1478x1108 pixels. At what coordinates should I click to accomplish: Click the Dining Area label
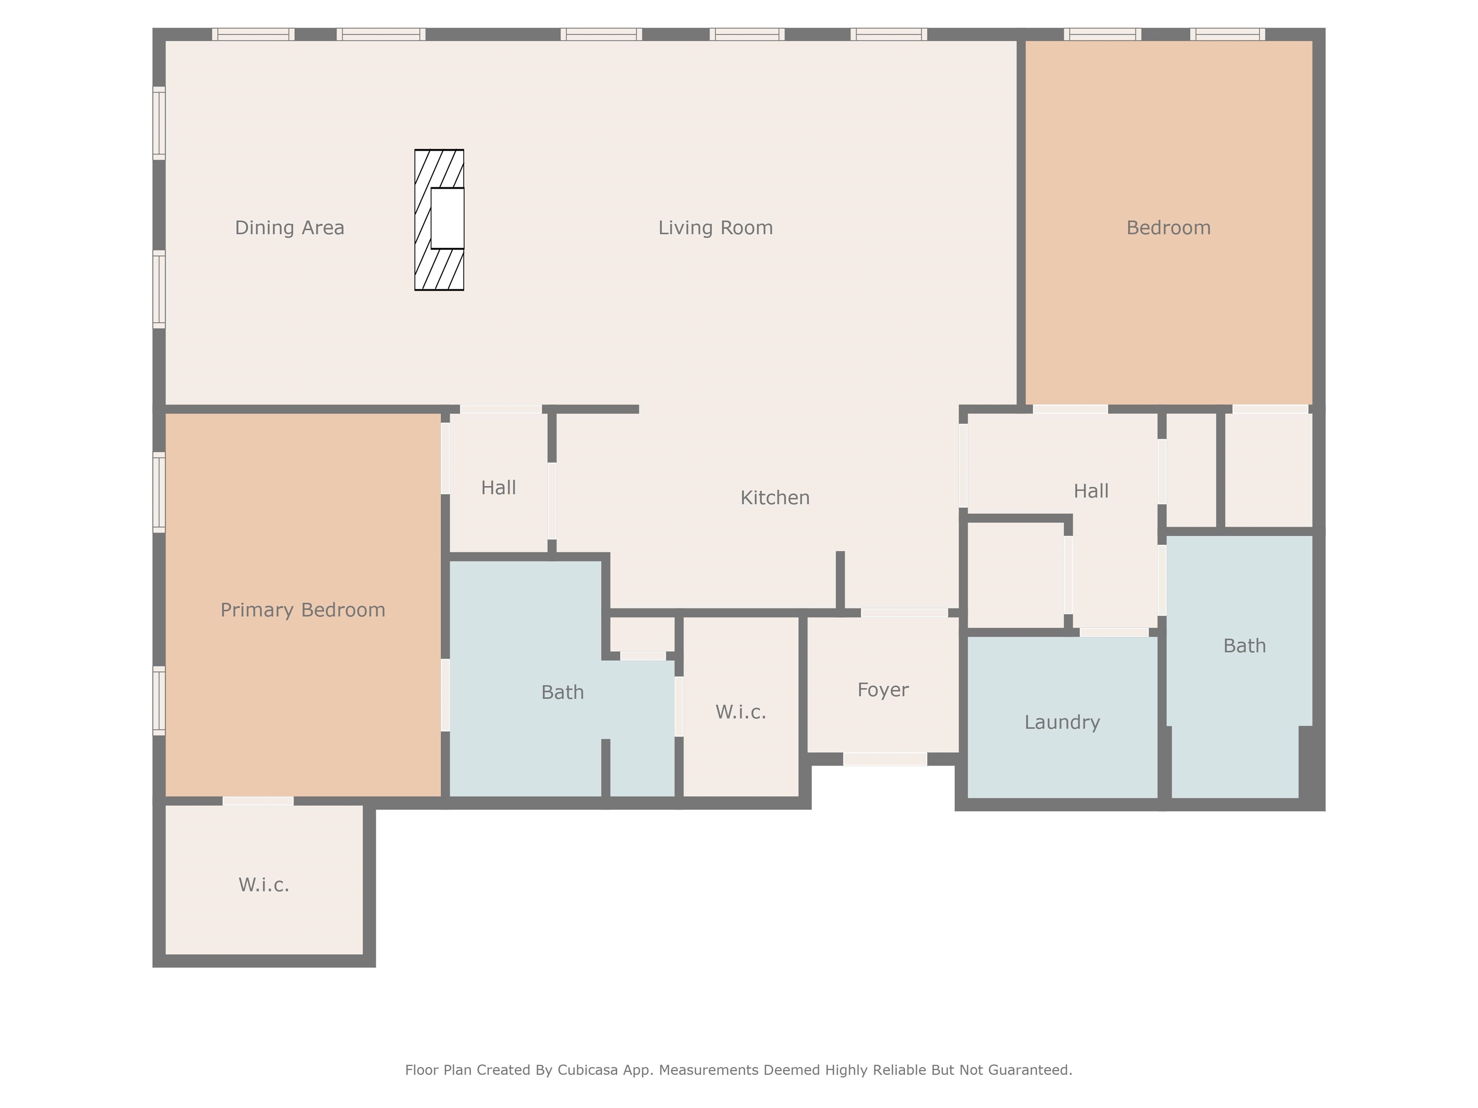[289, 228]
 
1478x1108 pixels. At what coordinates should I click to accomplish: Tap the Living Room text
[715, 228]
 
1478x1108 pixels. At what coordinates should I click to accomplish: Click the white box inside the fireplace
[447, 218]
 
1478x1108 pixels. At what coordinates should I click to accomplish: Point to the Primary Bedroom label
[303, 610]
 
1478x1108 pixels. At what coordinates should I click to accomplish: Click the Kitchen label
[775, 498]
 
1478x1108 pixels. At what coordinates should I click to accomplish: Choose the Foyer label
[883, 690]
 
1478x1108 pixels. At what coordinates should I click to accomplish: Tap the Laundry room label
[1062, 722]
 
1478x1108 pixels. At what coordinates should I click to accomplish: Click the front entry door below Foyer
[885, 759]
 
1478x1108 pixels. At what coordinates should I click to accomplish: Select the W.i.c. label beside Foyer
[740, 712]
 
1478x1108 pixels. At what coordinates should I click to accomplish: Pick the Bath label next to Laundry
[1244, 646]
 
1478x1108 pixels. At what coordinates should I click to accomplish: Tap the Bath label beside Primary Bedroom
[562, 692]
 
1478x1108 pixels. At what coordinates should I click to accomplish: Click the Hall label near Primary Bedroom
[498, 488]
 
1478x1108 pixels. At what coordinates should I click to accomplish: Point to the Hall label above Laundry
[1091, 491]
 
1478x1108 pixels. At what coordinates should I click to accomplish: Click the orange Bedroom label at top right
[1168, 228]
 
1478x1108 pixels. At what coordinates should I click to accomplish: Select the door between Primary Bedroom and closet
[258, 801]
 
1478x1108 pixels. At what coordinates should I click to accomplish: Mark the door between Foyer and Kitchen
[904, 613]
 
